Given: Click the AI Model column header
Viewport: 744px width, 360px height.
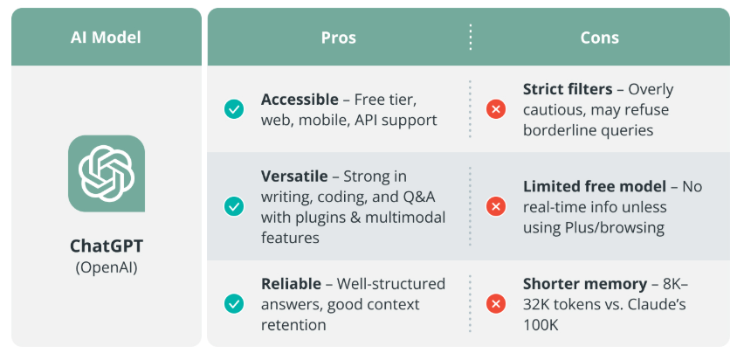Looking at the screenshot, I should tap(106, 38).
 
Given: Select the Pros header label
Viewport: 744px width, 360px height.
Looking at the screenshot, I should tap(339, 38).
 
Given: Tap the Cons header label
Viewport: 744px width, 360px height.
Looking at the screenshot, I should tap(599, 38).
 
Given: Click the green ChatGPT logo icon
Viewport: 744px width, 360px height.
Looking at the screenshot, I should tap(107, 173).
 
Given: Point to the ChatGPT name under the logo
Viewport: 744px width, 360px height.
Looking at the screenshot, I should tap(107, 246).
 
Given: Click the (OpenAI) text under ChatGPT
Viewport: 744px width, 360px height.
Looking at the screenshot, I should tap(107, 267).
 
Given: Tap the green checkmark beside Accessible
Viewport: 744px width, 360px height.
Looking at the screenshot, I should tap(234, 109).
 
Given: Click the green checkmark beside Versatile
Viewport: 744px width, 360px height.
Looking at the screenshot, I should tap(234, 206).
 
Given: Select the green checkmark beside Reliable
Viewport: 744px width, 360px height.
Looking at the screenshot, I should tap(234, 304).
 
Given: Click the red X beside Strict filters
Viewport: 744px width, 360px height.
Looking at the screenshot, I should tap(496, 109).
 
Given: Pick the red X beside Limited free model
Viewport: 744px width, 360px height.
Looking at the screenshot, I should tap(496, 206).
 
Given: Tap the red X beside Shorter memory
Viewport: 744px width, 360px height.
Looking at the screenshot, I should tap(496, 304).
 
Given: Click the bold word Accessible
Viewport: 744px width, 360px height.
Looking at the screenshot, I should tap(300, 100).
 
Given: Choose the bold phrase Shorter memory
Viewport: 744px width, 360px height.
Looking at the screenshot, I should tap(580, 284).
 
